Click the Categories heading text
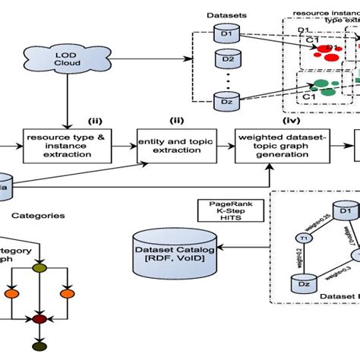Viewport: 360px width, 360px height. (43, 216)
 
